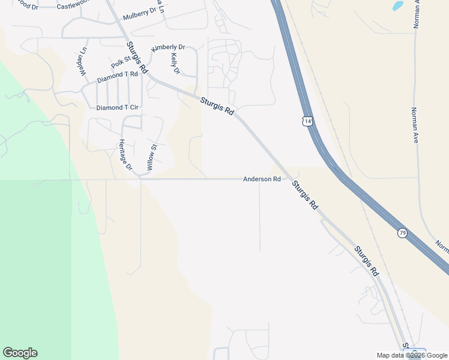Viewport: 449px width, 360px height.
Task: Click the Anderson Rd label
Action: click(262, 179)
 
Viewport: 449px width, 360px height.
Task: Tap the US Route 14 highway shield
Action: click(307, 121)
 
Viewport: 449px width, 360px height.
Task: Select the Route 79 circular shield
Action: click(402, 232)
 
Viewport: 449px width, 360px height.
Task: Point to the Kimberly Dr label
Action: click(168, 47)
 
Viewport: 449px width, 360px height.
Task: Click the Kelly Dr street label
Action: click(175, 64)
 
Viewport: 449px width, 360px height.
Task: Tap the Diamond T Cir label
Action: click(118, 108)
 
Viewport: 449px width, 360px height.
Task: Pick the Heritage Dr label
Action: click(124, 155)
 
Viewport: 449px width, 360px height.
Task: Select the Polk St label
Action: click(121, 61)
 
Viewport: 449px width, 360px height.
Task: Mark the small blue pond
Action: click(398, 6)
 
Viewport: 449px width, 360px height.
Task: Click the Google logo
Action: click(20, 353)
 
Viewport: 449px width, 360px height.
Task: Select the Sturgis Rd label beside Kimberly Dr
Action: click(136, 58)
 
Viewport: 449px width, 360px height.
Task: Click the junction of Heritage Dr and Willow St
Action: click(139, 176)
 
